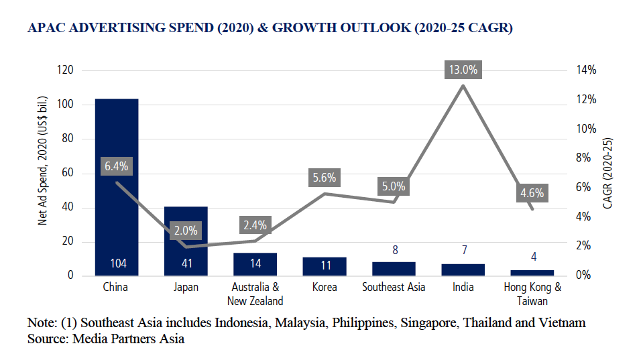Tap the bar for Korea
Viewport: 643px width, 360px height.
(325, 266)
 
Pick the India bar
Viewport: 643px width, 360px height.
(463, 269)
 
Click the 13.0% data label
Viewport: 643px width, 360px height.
(463, 69)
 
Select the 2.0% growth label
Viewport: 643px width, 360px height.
(186, 230)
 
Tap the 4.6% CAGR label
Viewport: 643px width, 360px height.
(532, 194)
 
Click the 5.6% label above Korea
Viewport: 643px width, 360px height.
(325, 178)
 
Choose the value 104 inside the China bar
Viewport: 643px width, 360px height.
(117, 263)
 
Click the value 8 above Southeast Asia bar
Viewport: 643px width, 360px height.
(394, 250)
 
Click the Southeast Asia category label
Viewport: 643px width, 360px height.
(394, 288)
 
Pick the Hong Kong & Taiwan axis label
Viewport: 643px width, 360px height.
(532, 294)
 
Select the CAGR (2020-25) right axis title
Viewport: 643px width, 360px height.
(608, 174)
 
